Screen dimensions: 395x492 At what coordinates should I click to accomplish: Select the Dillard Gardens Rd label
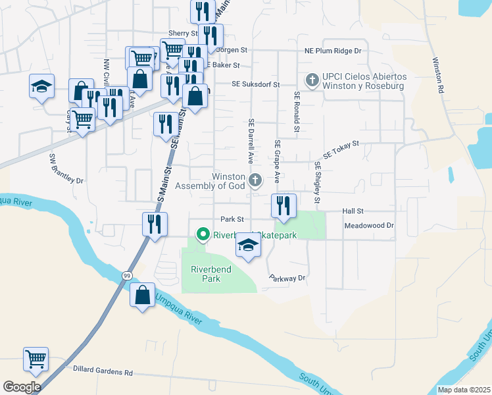coord(103,371)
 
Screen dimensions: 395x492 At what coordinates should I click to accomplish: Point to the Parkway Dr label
coord(288,278)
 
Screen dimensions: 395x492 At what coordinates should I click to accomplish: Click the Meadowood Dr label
coord(369,225)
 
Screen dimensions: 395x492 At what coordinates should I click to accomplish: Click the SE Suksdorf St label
coord(256,84)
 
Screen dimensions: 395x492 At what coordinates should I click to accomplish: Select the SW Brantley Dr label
coord(67,169)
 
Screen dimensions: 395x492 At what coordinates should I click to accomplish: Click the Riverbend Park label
coord(209,274)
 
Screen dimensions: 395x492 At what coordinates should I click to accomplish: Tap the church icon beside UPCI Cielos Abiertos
coord(312,81)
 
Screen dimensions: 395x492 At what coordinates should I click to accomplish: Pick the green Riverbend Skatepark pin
coord(203,234)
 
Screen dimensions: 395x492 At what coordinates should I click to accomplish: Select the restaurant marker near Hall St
coord(283,206)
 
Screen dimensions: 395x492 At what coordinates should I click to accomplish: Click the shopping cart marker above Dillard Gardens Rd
coord(36,359)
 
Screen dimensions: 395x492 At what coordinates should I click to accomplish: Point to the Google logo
coord(22,387)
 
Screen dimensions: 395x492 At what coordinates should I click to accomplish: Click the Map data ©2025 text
coord(463,390)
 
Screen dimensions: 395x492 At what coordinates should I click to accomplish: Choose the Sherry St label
coord(183,33)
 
